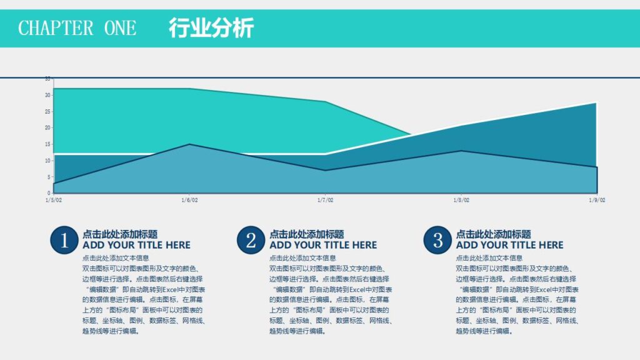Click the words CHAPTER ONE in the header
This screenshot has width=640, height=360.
click(x=77, y=28)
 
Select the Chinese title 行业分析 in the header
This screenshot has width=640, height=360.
click(x=211, y=28)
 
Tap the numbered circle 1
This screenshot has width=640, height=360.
click(x=64, y=241)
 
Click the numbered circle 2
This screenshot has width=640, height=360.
click(x=251, y=241)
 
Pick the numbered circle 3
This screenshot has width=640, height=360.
click(x=437, y=241)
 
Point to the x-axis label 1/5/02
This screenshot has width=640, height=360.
click(x=54, y=201)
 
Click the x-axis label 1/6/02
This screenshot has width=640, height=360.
click(x=189, y=201)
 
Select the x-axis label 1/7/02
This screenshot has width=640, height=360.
click(x=325, y=201)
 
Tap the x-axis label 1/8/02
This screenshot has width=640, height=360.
click(x=461, y=201)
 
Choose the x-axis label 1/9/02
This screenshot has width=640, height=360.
click(x=597, y=201)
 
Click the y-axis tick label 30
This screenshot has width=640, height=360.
click(x=47, y=95)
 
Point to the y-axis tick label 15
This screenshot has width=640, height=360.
click(x=47, y=144)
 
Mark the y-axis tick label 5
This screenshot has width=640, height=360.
click(x=49, y=177)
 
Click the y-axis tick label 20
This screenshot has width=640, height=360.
click(x=47, y=127)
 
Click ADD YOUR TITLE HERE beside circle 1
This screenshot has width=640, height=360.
click(x=136, y=245)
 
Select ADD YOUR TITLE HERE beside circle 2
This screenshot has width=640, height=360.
click(x=323, y=245)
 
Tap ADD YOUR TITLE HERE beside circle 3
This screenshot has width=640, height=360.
click(x=509, y=245)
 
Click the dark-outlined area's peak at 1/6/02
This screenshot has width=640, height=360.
click(x=189, y=144)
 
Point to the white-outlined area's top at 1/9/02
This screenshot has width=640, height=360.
click(x=596, y=102)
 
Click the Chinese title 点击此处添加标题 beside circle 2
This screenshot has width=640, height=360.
click(x=306, y=234)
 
